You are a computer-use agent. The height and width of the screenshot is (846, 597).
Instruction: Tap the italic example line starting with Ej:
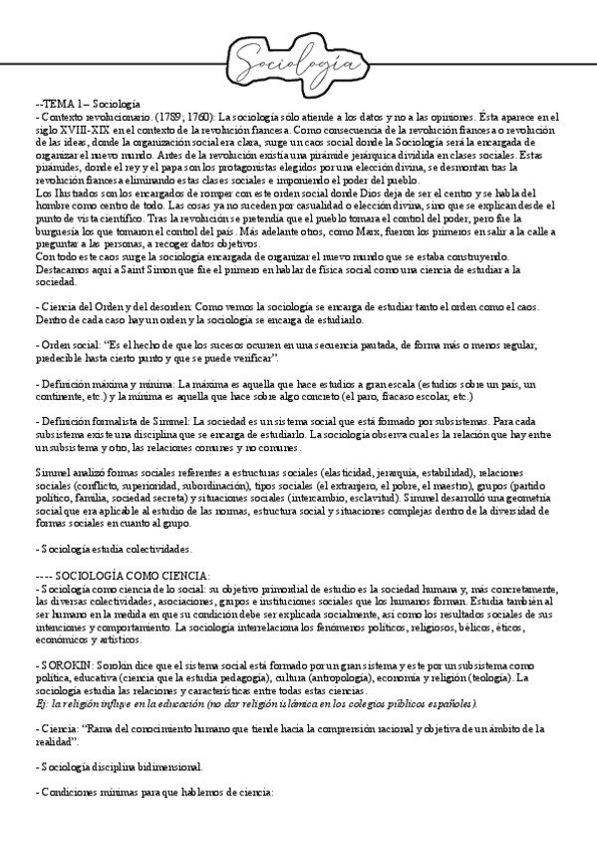(x=228, y=702)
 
